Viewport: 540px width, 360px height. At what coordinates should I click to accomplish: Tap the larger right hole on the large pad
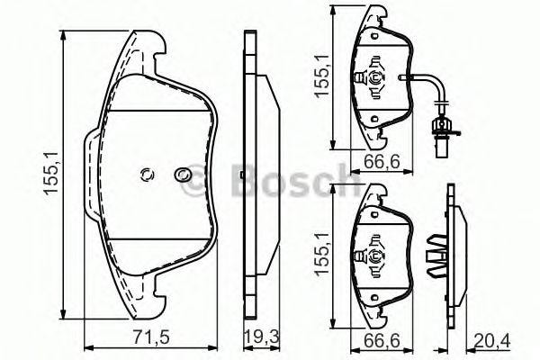pyautogui.click(x=184, y=175)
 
